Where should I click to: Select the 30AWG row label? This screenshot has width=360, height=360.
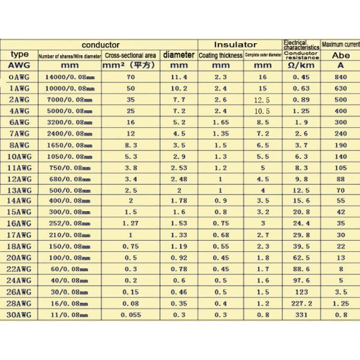19,313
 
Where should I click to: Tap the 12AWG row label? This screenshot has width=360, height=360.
19,178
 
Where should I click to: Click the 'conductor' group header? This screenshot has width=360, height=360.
100,44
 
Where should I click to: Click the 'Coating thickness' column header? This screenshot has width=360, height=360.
220,55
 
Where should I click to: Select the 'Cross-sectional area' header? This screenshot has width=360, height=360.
130,55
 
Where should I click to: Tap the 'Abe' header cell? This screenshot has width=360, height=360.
340,55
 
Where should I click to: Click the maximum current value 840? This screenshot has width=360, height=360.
340,77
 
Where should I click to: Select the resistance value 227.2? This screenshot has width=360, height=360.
301,302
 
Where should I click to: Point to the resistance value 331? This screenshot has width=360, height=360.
301,313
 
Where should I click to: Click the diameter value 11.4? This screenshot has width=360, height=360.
179,77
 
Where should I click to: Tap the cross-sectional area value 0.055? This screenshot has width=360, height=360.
130,313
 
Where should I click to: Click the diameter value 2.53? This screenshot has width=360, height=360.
179,167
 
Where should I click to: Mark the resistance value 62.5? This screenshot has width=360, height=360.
301,257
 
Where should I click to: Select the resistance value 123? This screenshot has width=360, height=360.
301,291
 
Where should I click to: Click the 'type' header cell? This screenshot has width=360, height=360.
19,55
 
